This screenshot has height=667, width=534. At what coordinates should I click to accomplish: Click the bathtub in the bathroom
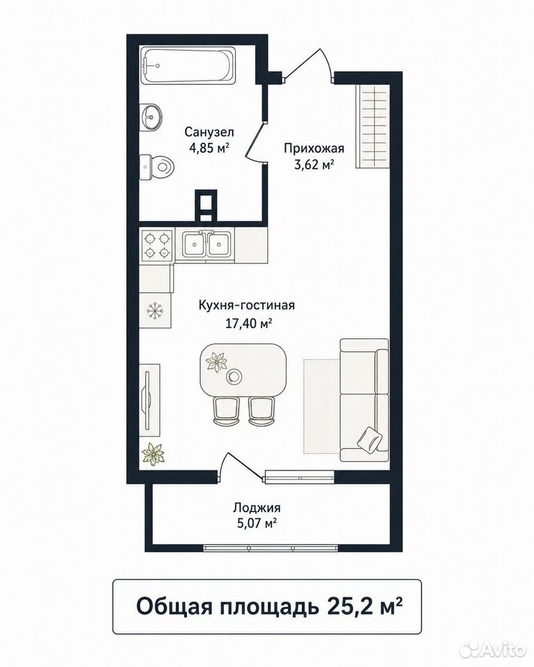pyautogui.click(x=188, y=66)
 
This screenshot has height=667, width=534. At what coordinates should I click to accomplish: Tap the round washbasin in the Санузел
pyautogui.click(x=152, y=116)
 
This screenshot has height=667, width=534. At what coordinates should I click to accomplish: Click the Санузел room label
pyautogui.click(x=209, y=132)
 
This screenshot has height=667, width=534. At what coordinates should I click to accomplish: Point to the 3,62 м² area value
pyautogui.click(x=314, y=164)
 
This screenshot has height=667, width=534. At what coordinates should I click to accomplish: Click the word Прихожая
pyautogui.click(x=314, y=148)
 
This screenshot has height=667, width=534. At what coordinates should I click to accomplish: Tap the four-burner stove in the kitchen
pyautogui.click(x=156, y=245)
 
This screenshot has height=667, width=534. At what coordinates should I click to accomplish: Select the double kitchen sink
pyautogui.click(x=208, y=245)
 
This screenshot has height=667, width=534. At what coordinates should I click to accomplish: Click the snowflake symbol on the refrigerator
pyautogui.click(x=155, y=311)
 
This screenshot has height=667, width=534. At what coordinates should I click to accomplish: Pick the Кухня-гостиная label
pyautogui.click(x=247, y=306)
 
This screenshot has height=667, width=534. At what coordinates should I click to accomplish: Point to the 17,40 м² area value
pyautogui.click(x=249, y=324)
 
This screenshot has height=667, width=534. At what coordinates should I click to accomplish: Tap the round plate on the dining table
pyautogui.click(x=234, y=376)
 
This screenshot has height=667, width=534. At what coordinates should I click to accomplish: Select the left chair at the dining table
pyautogui.click(x=225, y=411)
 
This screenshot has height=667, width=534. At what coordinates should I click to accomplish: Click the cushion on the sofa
pyautogui.click(x=369, y=438)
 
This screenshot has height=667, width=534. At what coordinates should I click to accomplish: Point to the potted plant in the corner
pyautogui.click(x=153, y=454)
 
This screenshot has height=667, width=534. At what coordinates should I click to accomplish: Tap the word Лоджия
pyautogui.click(x=257, y=507)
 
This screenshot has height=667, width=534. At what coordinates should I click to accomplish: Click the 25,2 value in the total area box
pyautogui.click(x=349, y=606)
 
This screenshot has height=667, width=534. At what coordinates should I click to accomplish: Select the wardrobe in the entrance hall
pyautogui.click(x=373, y=126)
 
